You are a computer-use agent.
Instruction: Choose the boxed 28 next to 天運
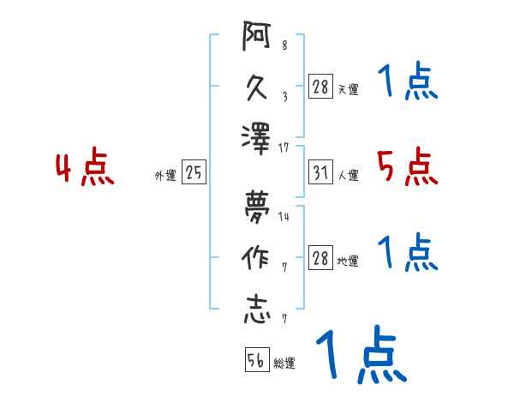(321, 87)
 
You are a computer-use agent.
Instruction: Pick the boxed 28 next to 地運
(321, 258)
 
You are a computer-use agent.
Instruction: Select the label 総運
(284, 363)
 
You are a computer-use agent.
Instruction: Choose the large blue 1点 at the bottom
(360, 354)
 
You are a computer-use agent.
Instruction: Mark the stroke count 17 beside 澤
(284, 147)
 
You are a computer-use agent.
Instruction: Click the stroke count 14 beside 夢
(284, 217)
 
